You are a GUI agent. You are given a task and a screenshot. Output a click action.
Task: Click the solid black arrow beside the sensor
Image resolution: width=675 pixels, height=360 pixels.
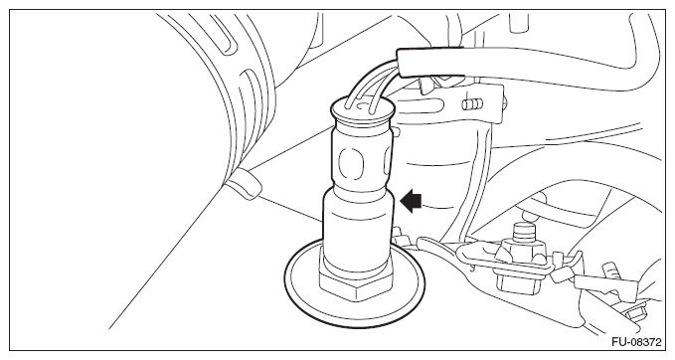(411, 201)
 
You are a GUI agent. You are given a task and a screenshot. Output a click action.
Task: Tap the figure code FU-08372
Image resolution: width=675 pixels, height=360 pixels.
(636, 342)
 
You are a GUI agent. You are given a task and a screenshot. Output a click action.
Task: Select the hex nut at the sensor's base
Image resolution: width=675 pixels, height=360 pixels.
(356, 286)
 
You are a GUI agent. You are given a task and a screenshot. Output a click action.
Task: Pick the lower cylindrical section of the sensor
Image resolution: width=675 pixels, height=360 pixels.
(358, 231)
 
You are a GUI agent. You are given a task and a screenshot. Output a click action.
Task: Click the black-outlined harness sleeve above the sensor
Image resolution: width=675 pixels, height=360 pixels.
(430, 63)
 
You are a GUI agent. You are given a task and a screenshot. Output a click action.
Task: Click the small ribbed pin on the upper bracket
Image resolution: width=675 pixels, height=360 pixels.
(472, 104)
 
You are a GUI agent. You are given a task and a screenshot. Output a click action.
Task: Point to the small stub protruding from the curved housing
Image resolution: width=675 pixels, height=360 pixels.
(245, 184)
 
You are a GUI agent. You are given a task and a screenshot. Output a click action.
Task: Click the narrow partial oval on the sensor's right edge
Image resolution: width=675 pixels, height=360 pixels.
(388, 164)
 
